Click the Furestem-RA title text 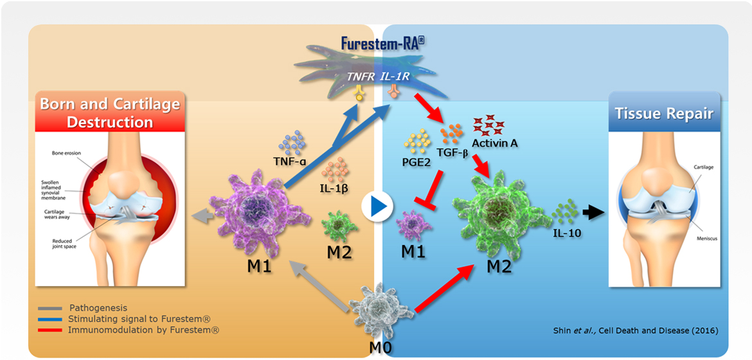[x=383, y=44]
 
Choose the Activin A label [x=495, y=143]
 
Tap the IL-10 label [x=566, y=234]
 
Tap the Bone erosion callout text [x=67, y=152]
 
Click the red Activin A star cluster [x=490, y=124]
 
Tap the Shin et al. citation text [x=635, y=330]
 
